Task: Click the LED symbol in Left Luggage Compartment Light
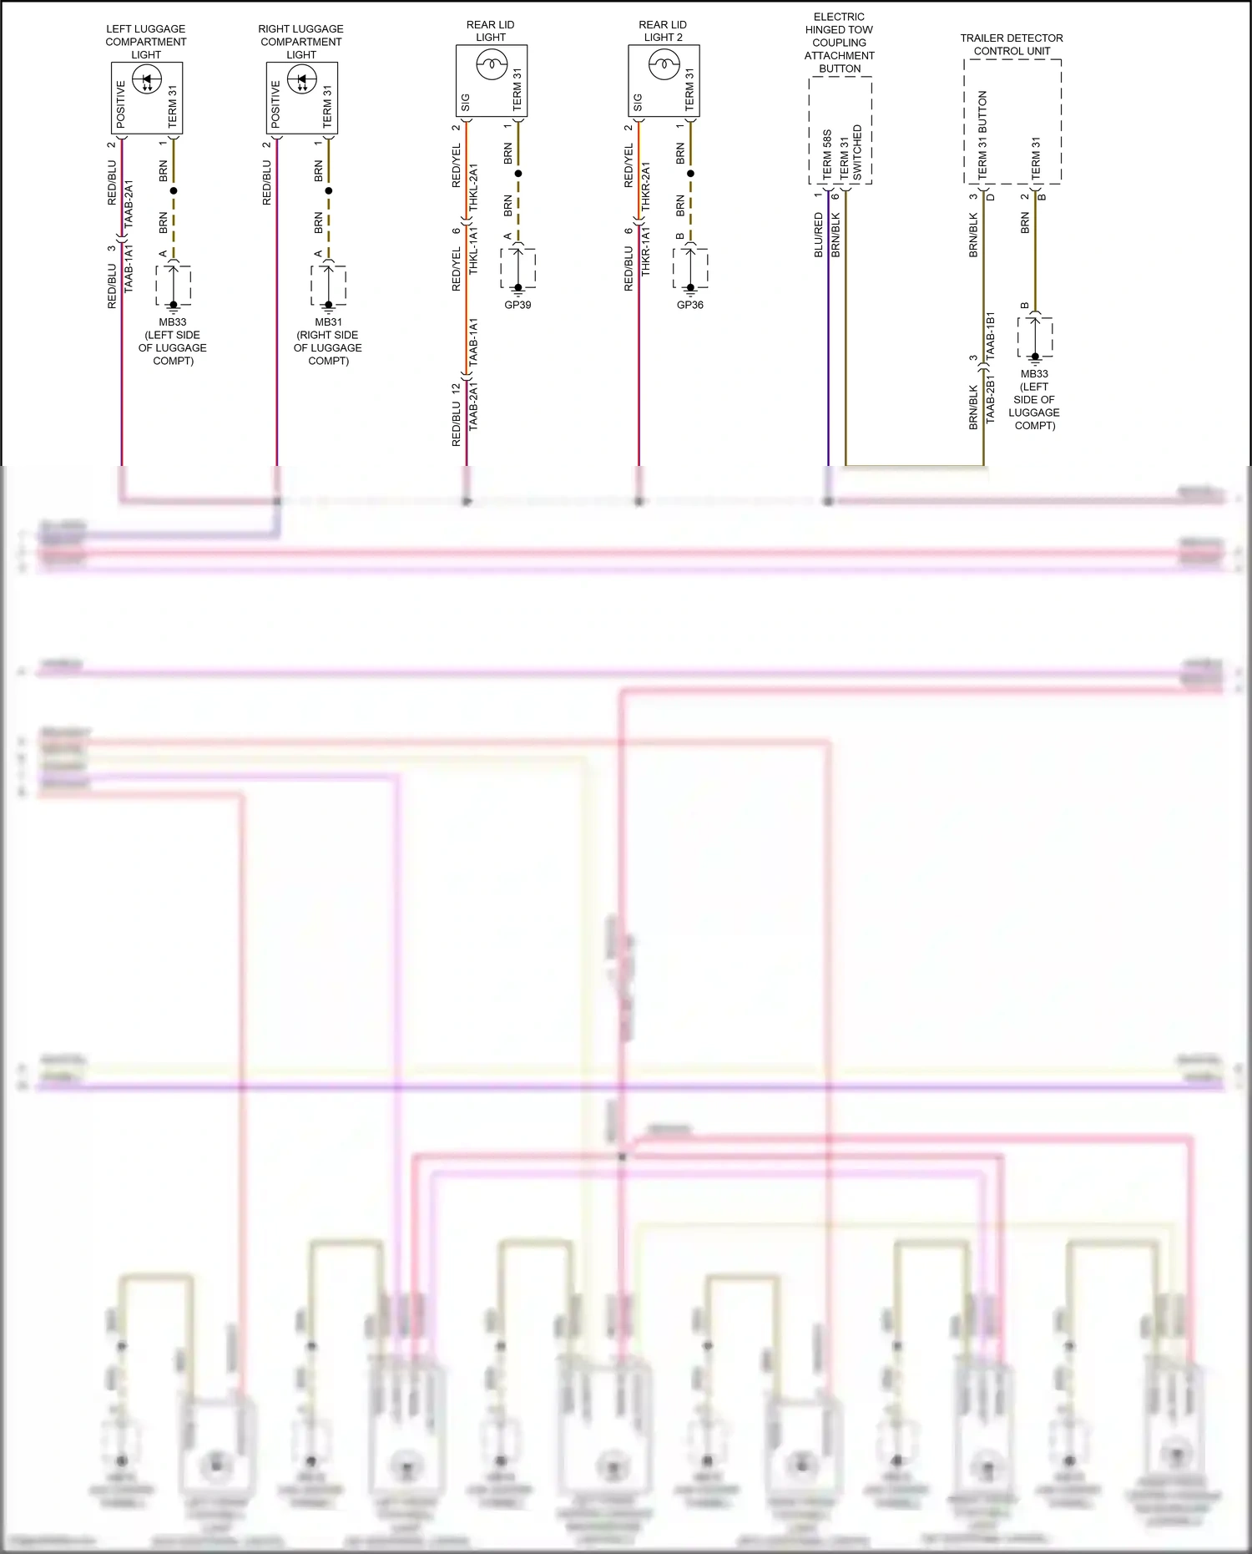147,81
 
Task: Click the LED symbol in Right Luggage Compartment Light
302,81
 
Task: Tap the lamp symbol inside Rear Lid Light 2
664,63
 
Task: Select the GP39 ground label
517,305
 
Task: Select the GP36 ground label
690,305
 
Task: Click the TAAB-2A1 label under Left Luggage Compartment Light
129,204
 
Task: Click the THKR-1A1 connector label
645,251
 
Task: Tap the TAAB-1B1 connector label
991,336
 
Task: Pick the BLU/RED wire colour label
819,235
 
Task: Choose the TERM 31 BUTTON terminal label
982,134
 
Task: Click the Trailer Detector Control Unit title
1012,44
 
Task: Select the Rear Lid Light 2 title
663,31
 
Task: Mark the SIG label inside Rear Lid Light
466,102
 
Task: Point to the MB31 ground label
328,322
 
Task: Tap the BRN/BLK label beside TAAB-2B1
973,407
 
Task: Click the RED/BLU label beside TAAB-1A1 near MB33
113,286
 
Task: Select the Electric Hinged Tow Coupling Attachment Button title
840,43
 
